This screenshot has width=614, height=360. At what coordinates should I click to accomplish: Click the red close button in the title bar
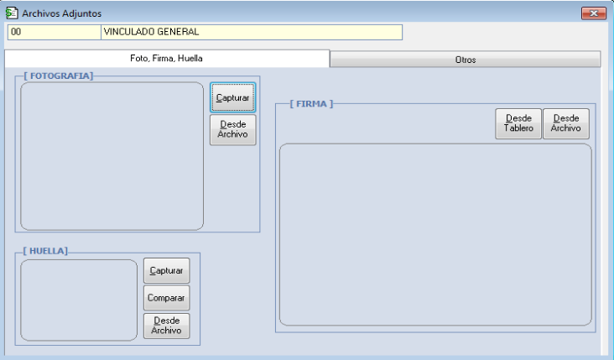(x=594, y=13)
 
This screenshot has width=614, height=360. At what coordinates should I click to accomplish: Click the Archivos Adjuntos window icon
(x=12, y=13)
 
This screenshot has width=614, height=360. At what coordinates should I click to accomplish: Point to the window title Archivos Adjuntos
(x=61, y=13)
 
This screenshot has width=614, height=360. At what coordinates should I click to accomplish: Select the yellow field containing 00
(x=55, y=32)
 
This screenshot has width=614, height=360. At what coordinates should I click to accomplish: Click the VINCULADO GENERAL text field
(x=252, y=32)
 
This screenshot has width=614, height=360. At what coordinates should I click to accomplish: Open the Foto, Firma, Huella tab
(x=167, y=59)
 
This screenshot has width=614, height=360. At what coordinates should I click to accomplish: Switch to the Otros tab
(x=466, y=60)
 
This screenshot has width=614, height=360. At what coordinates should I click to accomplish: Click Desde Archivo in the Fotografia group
(x=233, y=130)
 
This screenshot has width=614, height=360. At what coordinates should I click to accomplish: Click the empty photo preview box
(x=112, y=156)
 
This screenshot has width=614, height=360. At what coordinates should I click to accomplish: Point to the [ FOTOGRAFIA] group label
(x=59, y=76)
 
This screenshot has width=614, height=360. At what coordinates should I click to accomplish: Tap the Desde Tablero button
(x=518, y=124)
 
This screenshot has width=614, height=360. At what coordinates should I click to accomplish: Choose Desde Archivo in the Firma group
(x=566, y=124)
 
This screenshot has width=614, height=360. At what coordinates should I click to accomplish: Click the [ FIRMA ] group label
(x=311, y=104)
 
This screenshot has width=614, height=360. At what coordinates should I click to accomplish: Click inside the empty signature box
(x=435, y=234)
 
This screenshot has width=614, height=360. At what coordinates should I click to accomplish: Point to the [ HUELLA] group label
(x=45, y=251)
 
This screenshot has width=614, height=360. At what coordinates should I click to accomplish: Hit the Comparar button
(x=166, y=298)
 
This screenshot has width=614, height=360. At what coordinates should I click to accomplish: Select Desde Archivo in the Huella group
(x=166, y=326)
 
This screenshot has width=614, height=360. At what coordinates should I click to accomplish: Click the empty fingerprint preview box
(x=79, y=300)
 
